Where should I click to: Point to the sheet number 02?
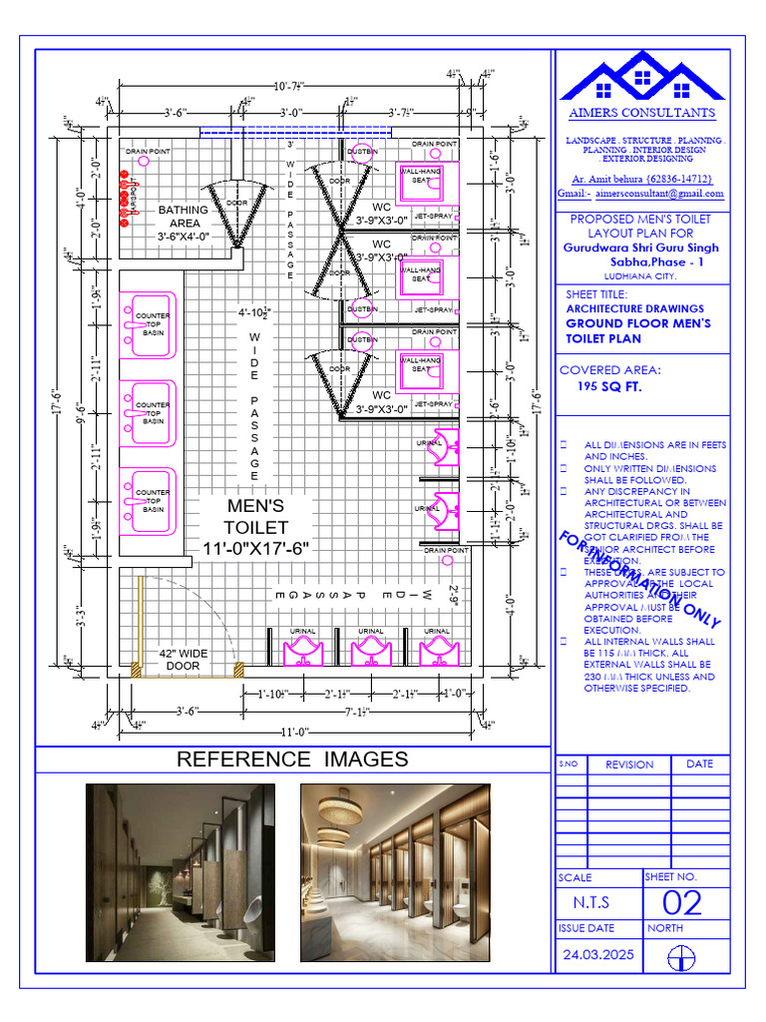[x=682, y=903]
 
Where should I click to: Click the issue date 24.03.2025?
[x=598, y=954]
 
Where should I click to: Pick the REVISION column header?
[x=629, y=765]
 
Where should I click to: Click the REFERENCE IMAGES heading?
[x=292, y=760]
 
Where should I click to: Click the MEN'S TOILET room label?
[x=256, y=527]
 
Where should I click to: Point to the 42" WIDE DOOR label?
[x=183, y=659]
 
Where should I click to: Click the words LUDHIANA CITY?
[x=639, y=275]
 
